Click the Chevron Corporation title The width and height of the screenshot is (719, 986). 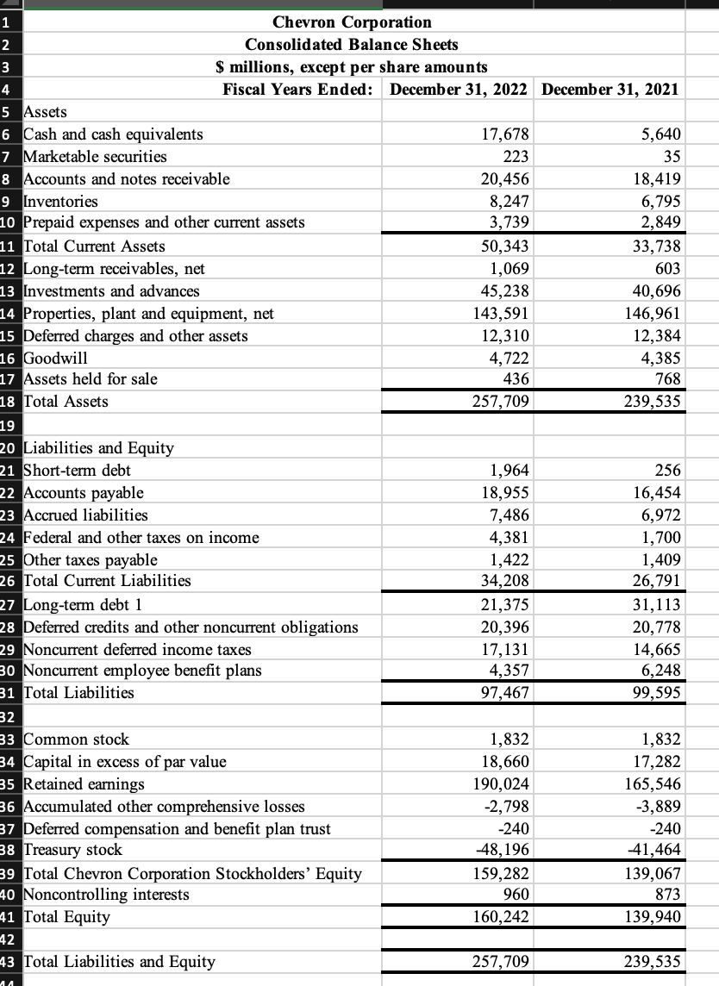pos(352,22)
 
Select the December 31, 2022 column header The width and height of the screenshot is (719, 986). pos(459,89)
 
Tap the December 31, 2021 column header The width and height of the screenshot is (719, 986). pos(610,89)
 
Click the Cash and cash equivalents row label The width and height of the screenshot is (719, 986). pos(113,134)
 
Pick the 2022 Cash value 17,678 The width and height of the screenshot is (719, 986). pos(508,134)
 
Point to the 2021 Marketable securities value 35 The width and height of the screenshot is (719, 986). pos(671,156)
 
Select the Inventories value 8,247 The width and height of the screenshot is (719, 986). pos(510,201)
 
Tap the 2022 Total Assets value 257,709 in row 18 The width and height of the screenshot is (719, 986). pos(504,401)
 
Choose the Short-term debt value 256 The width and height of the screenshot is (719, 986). pos(667,470)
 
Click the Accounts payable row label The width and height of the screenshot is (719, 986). pos(84,492)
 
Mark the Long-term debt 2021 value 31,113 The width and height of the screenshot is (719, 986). pos(658,604)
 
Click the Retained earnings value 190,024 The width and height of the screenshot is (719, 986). pos(504,783)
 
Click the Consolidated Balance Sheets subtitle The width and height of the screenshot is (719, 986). pos(352,44)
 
